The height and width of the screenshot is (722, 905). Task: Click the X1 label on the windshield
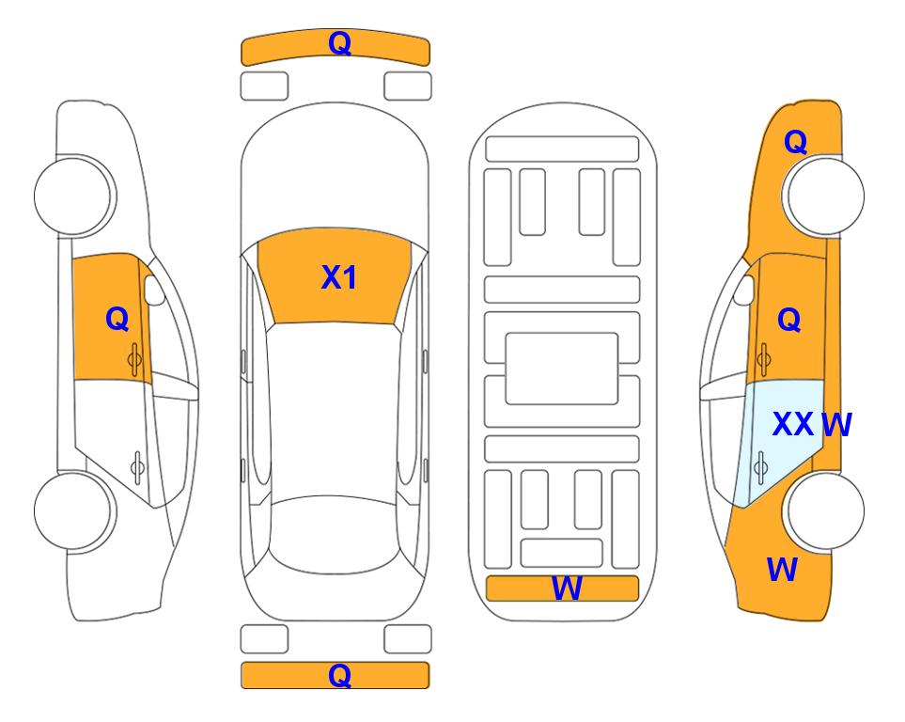[339, 277]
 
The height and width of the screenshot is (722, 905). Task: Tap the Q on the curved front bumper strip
[339, 43]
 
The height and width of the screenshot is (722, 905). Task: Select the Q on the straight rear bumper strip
[339, 675]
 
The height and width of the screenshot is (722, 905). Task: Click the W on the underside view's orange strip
[567, 589]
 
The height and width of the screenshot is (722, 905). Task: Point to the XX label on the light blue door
[792, 424]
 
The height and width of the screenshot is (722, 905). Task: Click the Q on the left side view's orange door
[117, 319]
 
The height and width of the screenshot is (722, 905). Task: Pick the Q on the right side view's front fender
[795, 142]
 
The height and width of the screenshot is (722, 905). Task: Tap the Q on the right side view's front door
[789, 320]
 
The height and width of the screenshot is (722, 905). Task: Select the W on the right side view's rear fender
[782, 570]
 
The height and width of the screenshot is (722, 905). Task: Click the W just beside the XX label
[836, 425]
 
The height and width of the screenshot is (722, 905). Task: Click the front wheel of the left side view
[73, 196]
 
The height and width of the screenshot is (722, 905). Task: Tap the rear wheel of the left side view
[73, 510]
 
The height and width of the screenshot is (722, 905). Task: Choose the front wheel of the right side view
[824, 196]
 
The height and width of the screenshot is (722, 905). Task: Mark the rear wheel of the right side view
[824, 510]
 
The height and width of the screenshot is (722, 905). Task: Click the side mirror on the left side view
[153, 290]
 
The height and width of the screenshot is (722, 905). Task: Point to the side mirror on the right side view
[744, 290]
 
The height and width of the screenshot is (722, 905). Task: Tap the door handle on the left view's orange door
[135, 359]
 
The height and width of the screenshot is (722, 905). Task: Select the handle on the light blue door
[760, 468]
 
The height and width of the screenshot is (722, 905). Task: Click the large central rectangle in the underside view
[562, 369]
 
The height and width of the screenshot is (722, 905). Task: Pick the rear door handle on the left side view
[137, 466]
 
